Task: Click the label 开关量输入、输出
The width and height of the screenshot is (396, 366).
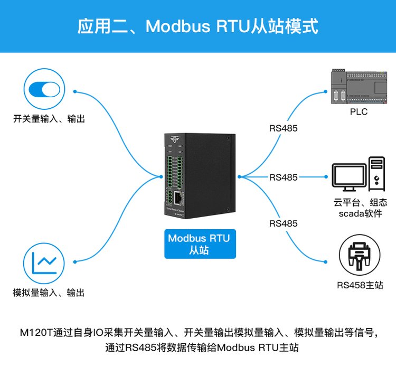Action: [x=49, y=119]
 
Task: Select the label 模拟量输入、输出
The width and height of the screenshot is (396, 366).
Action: [x=49, y=292]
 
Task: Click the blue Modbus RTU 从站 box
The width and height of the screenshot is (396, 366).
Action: [x=199, y=244]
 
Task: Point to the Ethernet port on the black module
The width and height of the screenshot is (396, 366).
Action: [x=179, y=199]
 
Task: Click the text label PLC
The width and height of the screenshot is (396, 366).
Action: [x=359, y=112]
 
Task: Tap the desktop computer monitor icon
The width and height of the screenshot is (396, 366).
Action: [x=349, y=176]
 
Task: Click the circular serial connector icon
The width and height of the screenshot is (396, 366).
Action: [x=359, y=256]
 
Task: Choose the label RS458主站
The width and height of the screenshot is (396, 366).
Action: [x=360, y=285]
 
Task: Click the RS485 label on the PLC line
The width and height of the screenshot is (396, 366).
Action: [x=283, y=128]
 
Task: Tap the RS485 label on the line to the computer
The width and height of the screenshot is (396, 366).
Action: [x=283, y=177]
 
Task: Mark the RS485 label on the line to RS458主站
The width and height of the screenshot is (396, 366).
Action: [x=283, y=223]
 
